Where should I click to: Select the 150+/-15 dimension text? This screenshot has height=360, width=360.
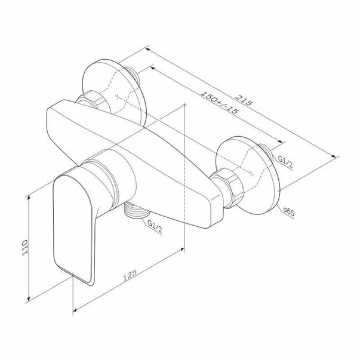click(219, 102)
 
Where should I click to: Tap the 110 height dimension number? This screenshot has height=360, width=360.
click(24, 248)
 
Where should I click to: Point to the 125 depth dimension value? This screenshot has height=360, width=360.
click(130, 275)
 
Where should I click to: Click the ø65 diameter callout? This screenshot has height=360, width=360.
click(288, 212)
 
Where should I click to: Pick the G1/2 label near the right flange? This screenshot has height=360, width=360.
click(285, 161)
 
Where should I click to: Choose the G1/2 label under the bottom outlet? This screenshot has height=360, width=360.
click(155, 226)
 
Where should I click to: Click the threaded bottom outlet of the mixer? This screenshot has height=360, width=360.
click(137, 210)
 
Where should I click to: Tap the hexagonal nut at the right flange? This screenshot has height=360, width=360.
click(227, 187)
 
